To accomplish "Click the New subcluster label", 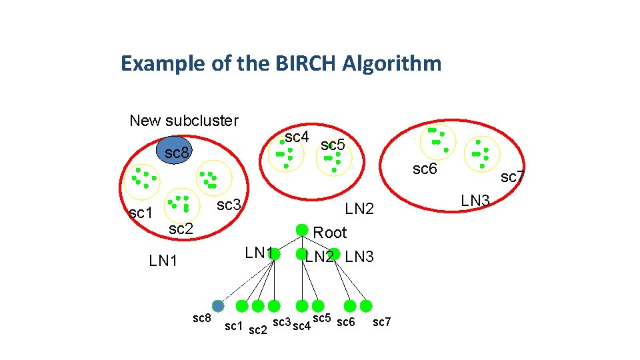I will [x=184, y=121].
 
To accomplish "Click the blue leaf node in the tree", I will [x=218, y=305].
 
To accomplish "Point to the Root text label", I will [x=330, y=233].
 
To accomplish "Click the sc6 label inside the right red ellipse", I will [x=425, y=169].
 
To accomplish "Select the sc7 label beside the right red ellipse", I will [x=513, y=177].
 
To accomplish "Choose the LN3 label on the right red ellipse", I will [x=476, y=200].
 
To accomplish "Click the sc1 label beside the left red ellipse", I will [x=141, y=213].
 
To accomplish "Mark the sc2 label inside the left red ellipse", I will [x=181, y=229].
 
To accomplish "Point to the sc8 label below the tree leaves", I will [x=202, y=318].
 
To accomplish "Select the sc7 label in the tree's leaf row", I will [x=382, y=323].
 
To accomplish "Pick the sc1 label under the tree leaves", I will [x=233, y=326].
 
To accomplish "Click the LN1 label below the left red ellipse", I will [x=163, y=261].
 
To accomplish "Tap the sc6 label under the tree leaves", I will [x=346, y=323].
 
